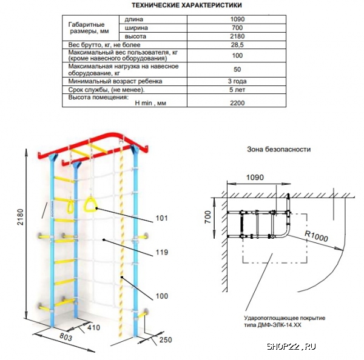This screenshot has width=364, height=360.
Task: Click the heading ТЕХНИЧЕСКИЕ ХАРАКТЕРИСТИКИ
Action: coord(187,5)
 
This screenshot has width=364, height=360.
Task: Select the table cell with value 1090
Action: coord(237,19)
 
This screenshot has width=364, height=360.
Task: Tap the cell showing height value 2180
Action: coord(237,36)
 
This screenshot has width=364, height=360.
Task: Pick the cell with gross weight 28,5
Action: coord(237,45)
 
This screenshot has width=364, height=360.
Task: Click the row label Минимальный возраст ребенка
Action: coord(115,81)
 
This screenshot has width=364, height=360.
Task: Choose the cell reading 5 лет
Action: coord(237,90)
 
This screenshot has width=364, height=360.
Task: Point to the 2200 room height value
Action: coord(237,103)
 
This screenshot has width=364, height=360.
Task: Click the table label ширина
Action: coord(136,28)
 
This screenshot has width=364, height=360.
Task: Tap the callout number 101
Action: coord(161,218)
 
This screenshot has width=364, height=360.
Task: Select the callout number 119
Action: coord(162,252)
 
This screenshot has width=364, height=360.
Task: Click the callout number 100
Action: coord(162,296)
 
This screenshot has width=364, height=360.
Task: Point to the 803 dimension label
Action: coord(66,337)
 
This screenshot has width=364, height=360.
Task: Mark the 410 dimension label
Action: coord(94,328)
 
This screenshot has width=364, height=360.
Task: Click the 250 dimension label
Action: coord(166,340)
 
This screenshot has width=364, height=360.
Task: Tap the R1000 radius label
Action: coord(316,236)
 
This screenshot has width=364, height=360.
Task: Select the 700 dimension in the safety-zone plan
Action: coord(208,218)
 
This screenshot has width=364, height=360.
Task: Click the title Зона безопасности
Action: coord(278,149)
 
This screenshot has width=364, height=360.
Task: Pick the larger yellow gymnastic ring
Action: coord(90,204)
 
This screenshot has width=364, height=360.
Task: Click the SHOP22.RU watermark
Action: coord(291,347)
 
